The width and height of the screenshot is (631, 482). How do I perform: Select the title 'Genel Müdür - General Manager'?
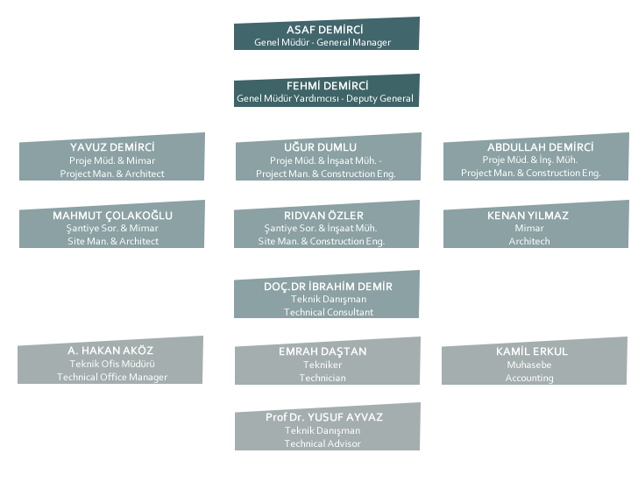coord(323,42)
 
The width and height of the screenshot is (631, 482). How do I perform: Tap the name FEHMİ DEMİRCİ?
coord(326,86)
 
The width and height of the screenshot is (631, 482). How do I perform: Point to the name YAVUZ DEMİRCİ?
coord(112,147)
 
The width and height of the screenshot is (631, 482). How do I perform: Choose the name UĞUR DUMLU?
coord(326,147)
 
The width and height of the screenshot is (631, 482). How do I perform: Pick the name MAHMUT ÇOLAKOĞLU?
coord(112,216)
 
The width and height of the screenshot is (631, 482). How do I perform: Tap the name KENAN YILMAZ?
coord(528,216)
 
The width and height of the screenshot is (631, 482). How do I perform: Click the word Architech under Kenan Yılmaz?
coord(529,240)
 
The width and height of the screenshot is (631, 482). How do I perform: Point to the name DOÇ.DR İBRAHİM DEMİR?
coord(328,287)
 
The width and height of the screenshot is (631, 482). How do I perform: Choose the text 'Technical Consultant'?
coord(328,312)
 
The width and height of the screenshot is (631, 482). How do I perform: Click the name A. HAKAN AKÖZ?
coord(110,351)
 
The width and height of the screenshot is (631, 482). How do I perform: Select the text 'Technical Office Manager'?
coord(112,377)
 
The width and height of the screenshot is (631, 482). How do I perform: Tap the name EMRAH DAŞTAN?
coord(323,351)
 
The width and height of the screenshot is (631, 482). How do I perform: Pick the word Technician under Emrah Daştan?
coord(323,378)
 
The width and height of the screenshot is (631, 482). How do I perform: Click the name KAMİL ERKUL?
coord(532,351)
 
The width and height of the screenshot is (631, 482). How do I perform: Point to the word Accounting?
coord(529,378)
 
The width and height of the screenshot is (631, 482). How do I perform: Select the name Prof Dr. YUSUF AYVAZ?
coord(324,417)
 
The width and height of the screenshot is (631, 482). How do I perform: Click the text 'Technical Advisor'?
coord(323,443)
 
